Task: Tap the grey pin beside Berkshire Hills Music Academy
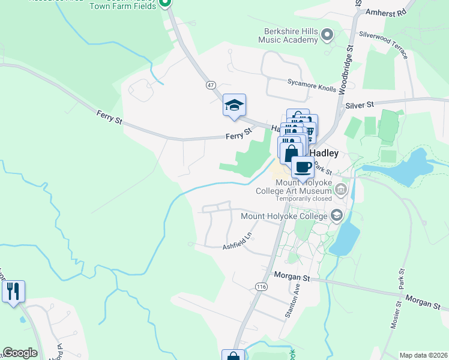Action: (x=327, y=35)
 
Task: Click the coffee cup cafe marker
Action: (x=303, y=167)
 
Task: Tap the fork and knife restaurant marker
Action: (x=13, y=292)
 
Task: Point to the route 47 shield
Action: (x=211, y=85)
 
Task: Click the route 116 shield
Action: (x=261, y=287)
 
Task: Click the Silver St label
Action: (x=360, y=105)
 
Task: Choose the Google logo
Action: (x=20, y=353)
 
